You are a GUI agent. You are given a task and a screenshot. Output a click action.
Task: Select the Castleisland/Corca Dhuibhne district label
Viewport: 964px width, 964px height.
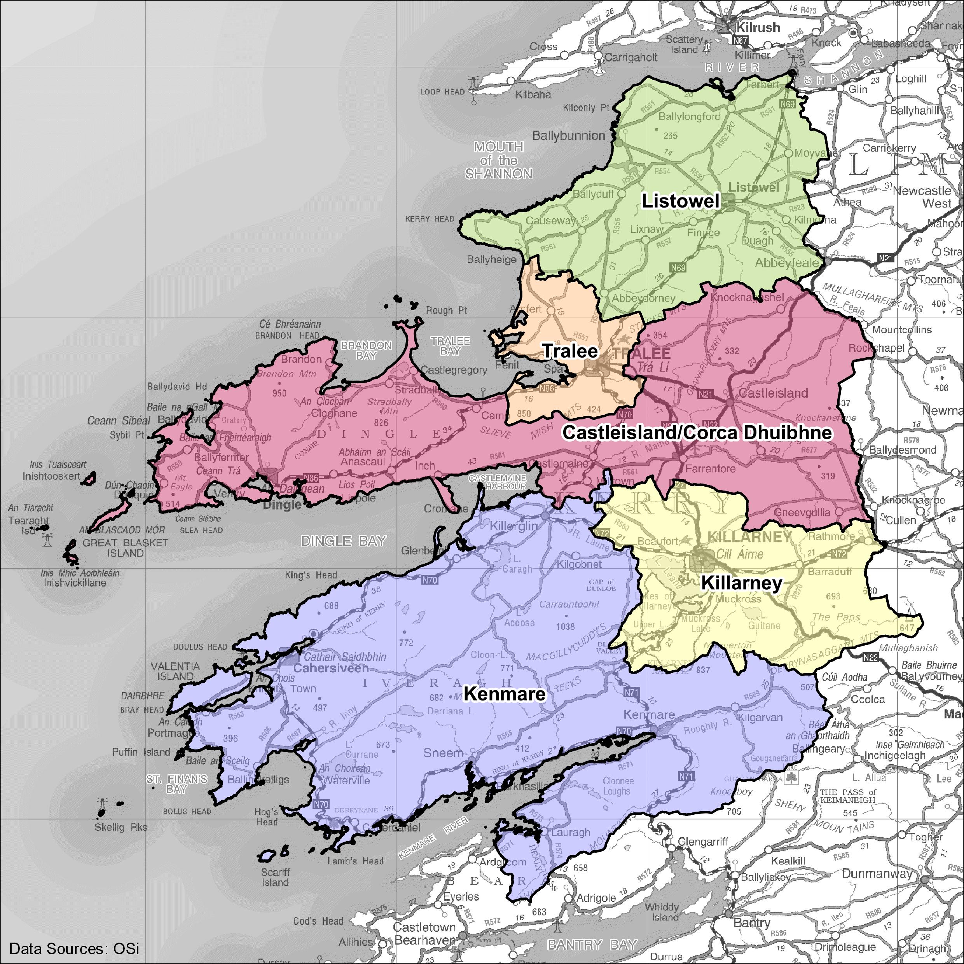697,432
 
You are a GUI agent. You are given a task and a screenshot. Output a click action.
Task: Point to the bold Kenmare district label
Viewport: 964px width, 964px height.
505,693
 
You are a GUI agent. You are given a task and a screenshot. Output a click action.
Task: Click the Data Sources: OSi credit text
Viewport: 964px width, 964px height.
74,948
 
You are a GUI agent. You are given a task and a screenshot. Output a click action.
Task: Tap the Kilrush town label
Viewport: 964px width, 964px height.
758,28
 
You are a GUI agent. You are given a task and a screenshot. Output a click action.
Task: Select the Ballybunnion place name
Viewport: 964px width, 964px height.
568,136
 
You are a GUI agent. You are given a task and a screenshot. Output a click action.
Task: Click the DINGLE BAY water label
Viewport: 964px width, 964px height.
344,540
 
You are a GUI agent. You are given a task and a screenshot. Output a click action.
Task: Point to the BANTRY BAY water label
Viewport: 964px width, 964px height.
592,945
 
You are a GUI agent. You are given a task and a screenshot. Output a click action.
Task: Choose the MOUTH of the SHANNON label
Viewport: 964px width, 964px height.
498,160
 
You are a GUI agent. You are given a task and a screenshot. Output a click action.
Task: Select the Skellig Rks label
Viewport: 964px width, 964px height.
121,827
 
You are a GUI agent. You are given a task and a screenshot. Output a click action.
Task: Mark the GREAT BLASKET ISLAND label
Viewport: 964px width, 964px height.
125,547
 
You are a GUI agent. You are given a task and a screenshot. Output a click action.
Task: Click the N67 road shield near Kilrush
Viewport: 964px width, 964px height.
740,40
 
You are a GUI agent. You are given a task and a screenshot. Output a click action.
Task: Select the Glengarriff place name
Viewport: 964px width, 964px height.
703,842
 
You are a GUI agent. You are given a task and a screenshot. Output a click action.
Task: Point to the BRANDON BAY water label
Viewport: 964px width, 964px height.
366,350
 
